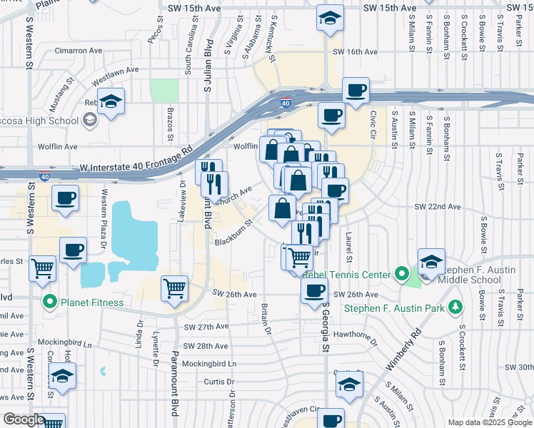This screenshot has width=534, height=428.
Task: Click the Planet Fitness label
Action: pyautogui.click(x=91, y=302)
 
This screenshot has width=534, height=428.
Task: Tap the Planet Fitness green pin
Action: pyautogui.click(x=50, y=302)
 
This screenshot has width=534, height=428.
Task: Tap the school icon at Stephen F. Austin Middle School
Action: pyautogui.click(x=431, y=261)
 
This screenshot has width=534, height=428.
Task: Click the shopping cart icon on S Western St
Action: pyautogui.click(x=44, y=268)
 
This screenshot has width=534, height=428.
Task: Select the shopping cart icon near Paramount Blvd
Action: pyautogui.click(x=175, y=288)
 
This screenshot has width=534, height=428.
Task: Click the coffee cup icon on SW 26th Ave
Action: pyautogui.click(x=313, y=290)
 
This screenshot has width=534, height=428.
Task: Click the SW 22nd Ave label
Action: pyautogui.click(x=438, y=207)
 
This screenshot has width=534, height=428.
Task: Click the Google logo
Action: pyautogui.click(x=23, y=420)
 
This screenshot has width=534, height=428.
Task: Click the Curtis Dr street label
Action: pyautogui.click(x=215, y=382)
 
